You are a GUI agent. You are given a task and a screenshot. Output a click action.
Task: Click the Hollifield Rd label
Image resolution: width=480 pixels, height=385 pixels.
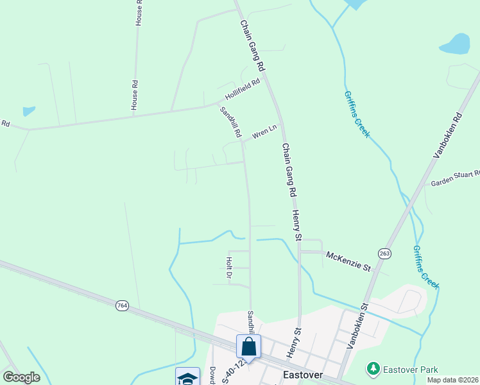(x=243, y=90)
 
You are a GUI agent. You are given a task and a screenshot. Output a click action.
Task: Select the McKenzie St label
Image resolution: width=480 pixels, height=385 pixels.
(x=348, y=260)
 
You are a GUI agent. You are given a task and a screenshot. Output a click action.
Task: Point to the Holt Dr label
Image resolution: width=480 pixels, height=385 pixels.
(x=229, y=268)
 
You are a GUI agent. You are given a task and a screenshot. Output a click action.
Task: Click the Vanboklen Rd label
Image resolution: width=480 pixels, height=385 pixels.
(x=448, y=135)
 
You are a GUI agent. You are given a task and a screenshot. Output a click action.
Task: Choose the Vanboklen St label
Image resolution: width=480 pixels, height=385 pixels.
(x=357, y=326)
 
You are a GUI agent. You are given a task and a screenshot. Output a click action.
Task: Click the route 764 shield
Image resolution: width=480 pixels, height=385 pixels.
(x=122, y=305)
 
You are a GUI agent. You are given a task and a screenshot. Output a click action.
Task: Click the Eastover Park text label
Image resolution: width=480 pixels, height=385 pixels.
(x=410, y=370)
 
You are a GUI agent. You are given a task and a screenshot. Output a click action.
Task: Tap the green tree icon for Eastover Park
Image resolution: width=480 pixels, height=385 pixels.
(x=373, y=369)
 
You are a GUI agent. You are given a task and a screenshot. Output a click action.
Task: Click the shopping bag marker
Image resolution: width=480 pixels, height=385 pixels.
(x=248, y=346)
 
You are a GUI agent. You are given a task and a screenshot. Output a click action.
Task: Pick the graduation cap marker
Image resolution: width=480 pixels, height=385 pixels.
(x=187, y=377)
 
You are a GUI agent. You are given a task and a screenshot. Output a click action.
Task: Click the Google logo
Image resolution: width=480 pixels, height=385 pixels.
(x=21, y=377)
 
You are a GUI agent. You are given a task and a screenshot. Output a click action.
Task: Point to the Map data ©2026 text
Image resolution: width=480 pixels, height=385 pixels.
(x=452, y=380)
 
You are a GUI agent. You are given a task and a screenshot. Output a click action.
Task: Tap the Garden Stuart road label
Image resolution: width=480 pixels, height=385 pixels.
(x=455, y=178)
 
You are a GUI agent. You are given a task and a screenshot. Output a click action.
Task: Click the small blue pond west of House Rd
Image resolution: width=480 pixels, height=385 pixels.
(x=28, y=111)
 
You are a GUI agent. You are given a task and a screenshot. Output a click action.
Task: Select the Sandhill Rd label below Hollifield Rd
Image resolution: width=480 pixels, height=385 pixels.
(x=230, y=122)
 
